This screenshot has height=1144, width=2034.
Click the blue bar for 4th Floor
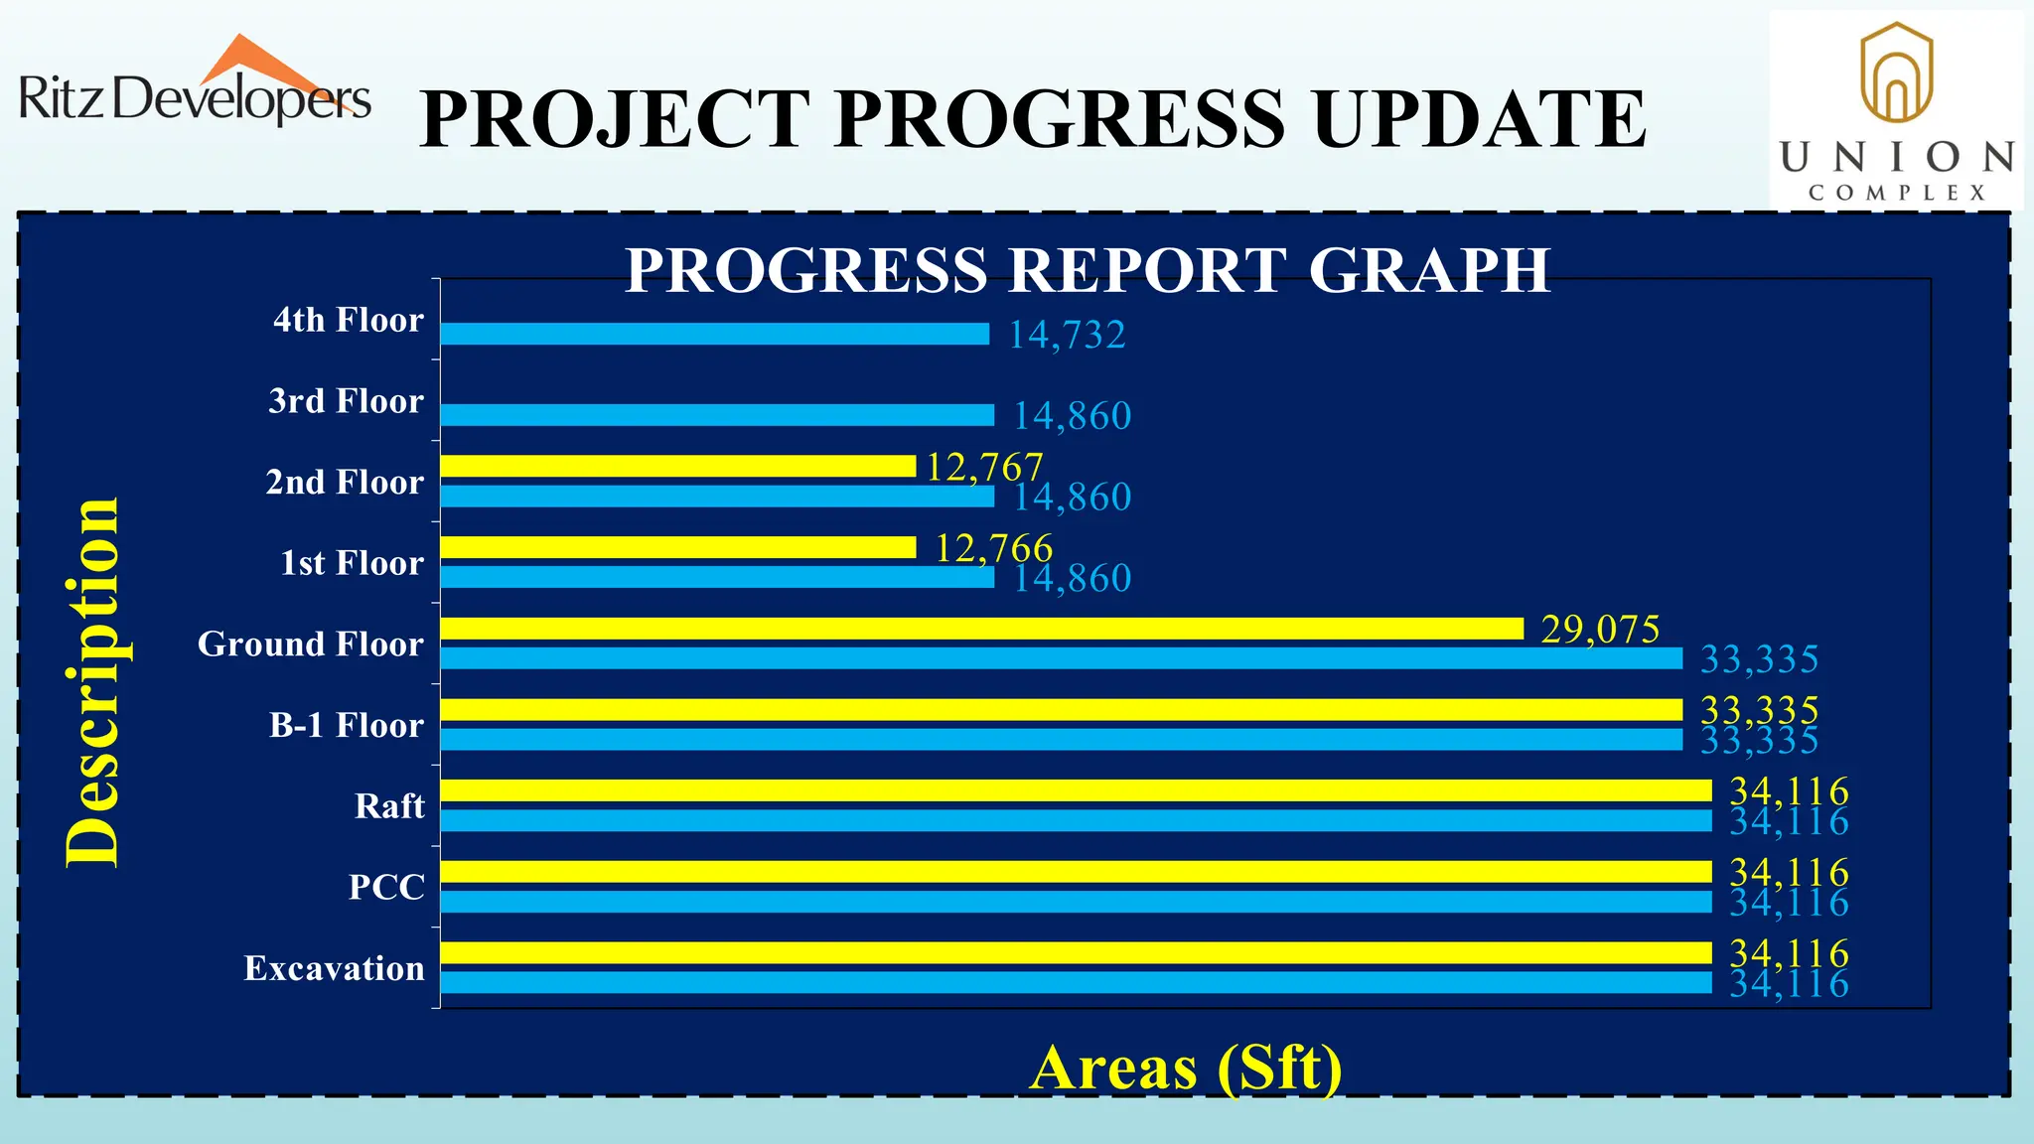[714, 334]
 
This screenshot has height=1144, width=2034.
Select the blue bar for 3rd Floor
[716, 415]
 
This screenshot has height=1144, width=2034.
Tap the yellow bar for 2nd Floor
[677, 466]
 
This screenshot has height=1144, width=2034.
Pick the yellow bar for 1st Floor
[677, 547]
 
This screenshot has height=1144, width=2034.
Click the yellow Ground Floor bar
[981, 629]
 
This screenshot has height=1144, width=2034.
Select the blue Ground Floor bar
[1061, 658]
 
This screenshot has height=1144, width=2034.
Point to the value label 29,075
[1600, 629]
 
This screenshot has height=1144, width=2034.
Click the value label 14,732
[1067, 335]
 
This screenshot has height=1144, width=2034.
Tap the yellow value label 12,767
[984, 466]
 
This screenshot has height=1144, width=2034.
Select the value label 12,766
[993, 547]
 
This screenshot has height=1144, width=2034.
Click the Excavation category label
[334, 968]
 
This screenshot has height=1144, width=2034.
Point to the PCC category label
[386, 887]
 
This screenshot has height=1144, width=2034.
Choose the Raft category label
[389, 805]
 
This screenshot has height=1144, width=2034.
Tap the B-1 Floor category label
[347, 725]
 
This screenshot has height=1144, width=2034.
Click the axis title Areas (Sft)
[1186, 1068]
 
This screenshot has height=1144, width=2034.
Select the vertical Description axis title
[92, 682]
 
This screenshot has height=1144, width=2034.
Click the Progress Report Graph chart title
[1088, 269]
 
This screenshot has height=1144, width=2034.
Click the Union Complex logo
[1896, 111]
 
